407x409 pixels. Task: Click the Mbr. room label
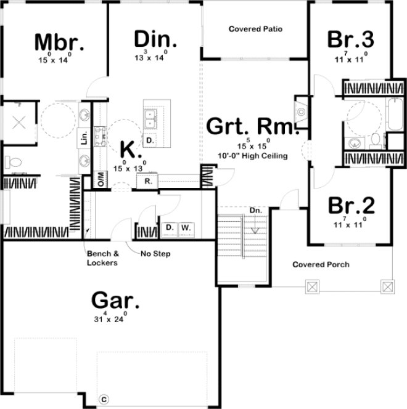coord(59,43)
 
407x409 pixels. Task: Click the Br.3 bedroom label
coord(350,39)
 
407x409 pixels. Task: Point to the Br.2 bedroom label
coord(350,204)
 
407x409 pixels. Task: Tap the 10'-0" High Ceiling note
coord(252,156)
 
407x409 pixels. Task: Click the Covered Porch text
coord(321,265)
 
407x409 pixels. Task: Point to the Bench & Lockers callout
coord(102,258)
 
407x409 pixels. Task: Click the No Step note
coord(155,254)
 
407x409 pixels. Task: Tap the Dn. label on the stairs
coord(256,211)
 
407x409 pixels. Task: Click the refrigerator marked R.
coord(149,181)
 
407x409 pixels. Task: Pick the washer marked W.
coord(186,229)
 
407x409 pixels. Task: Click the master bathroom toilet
coord(12,163)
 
